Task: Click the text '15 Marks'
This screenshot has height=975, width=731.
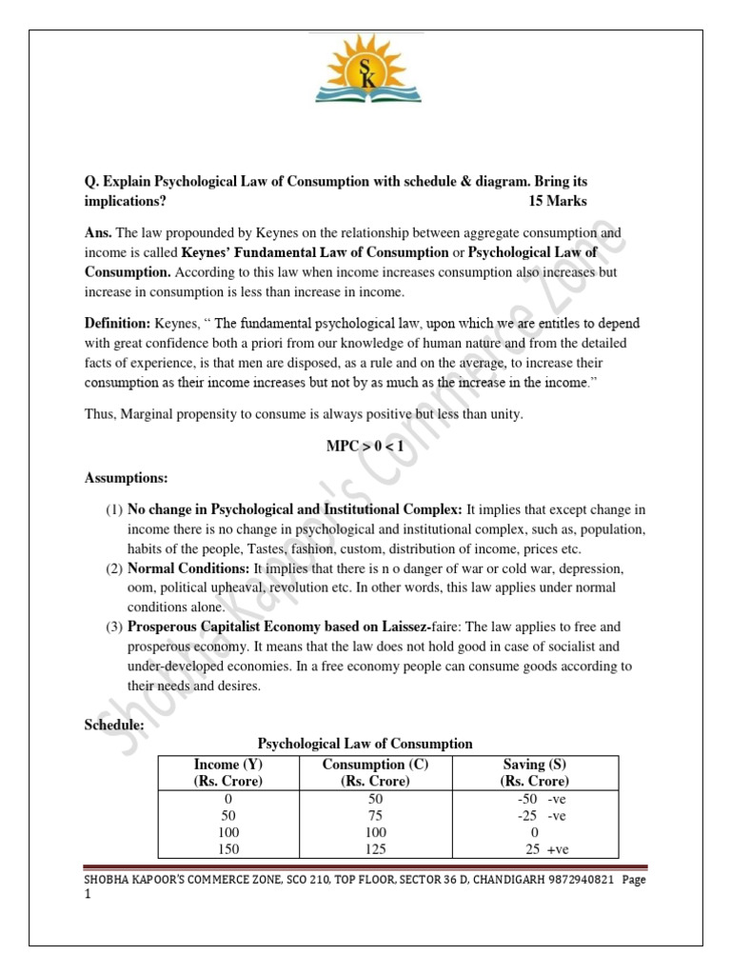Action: pos(558,201)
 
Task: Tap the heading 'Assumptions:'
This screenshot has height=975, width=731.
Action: pos(126,477)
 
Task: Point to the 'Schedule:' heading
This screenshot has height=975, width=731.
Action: pos(114,726)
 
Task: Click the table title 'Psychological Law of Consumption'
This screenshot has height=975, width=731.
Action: pos(365,744)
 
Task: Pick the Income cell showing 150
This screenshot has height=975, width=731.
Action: pos(228,849)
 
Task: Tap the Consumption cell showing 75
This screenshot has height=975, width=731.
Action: pos(375,816)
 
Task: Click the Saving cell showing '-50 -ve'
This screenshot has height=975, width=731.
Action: pos(541,799)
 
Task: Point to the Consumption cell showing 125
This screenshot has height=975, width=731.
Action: pos(375,849)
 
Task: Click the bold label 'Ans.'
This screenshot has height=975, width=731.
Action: pos(98,233)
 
